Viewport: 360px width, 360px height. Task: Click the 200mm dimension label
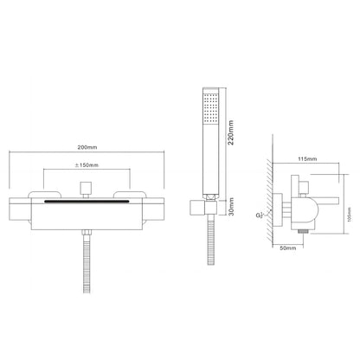(87, 147)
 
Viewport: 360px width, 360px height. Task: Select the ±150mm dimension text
(87, 165)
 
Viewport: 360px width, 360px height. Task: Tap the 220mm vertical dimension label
(230, 132)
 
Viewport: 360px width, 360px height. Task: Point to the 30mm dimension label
(231, 207)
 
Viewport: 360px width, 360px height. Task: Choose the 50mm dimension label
(288, 248)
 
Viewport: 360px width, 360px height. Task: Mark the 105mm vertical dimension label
(350, 215)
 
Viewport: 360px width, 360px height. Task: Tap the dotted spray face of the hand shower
(210, 108)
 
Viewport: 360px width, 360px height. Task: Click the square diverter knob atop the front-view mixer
(86, 188)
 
